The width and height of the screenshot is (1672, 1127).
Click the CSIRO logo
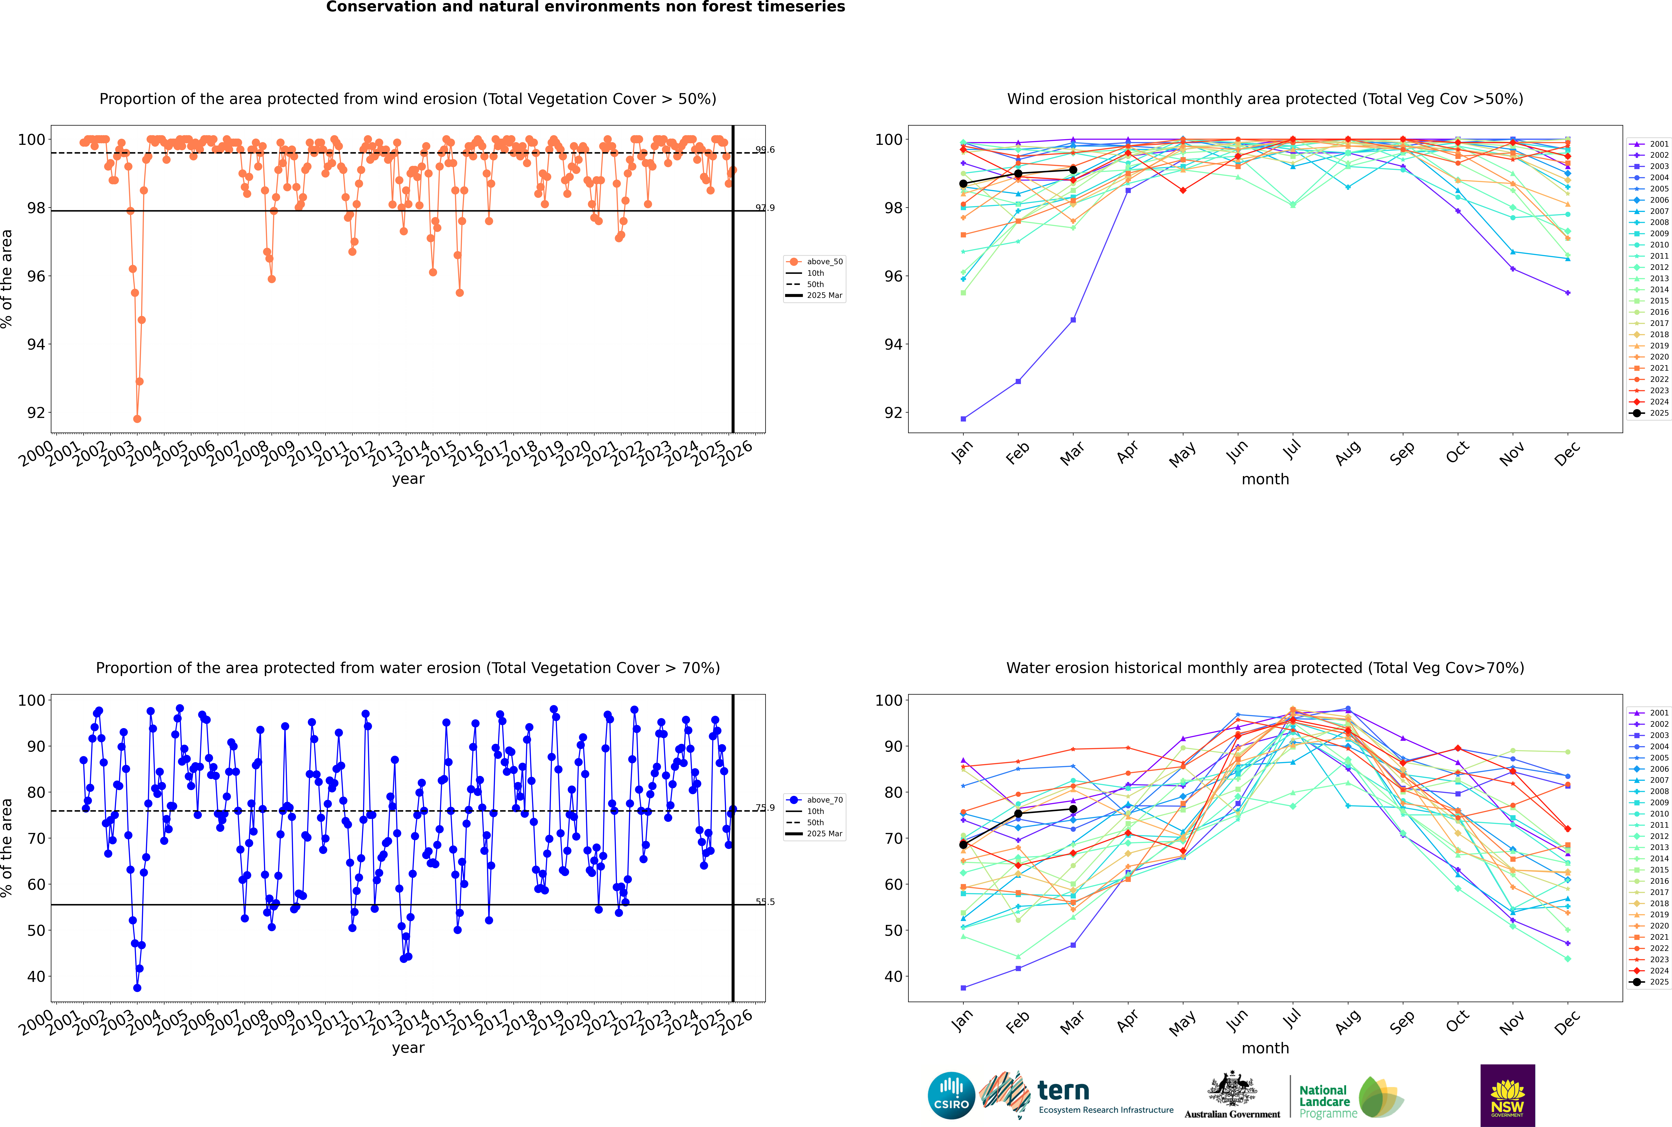click(951, 1095)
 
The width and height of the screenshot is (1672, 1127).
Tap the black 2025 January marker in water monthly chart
click(963, 844)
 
